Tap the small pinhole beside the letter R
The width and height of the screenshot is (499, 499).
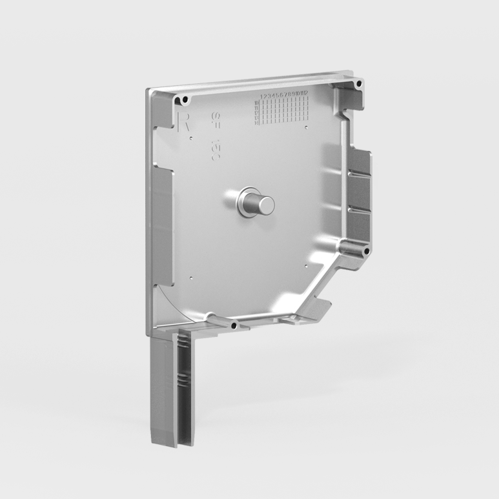point(191,137)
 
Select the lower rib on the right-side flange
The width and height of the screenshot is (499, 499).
point(359,210)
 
